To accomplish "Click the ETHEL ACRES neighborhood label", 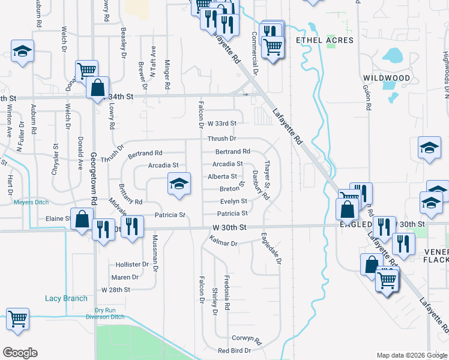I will (325, 40).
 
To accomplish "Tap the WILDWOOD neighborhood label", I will (387, 78).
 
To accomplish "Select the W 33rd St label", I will (221, 123).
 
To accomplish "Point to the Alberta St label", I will (222, 176).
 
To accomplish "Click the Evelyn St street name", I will (234, 202).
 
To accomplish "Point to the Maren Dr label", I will (125, 277).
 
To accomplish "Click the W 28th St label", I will (116, 289).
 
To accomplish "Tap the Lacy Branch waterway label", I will (66, 298).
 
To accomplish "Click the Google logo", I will (20, 353).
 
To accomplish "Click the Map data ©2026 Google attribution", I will (412, 355).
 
